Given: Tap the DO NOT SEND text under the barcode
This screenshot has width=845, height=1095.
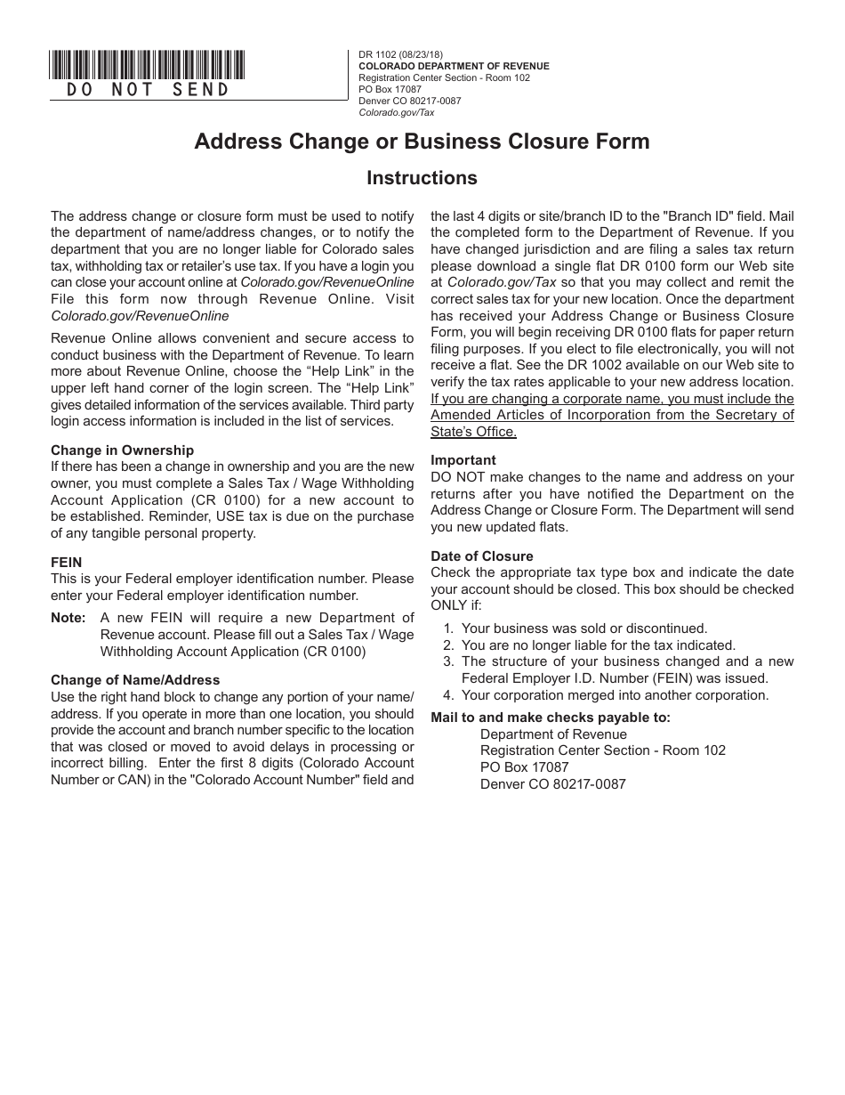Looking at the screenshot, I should tap(148, 90).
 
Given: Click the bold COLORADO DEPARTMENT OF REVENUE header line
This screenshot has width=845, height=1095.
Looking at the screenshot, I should tap(454, 66).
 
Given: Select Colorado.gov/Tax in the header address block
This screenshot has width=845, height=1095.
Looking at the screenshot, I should tap(396, 112).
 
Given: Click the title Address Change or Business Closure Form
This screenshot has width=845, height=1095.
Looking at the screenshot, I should tap(422, 142).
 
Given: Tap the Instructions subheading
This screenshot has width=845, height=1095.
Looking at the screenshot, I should tap(422, 178).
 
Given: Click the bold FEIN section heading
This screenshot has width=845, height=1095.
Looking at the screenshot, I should tap(66, 563).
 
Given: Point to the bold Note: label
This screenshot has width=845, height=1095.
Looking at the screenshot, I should tap(68, 618).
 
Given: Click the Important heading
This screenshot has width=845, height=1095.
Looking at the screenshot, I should tap(463, 460).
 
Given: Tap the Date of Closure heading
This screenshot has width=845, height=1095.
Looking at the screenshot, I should tap(482, 556).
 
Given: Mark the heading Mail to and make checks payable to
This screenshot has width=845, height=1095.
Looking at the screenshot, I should tap(551, 718).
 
